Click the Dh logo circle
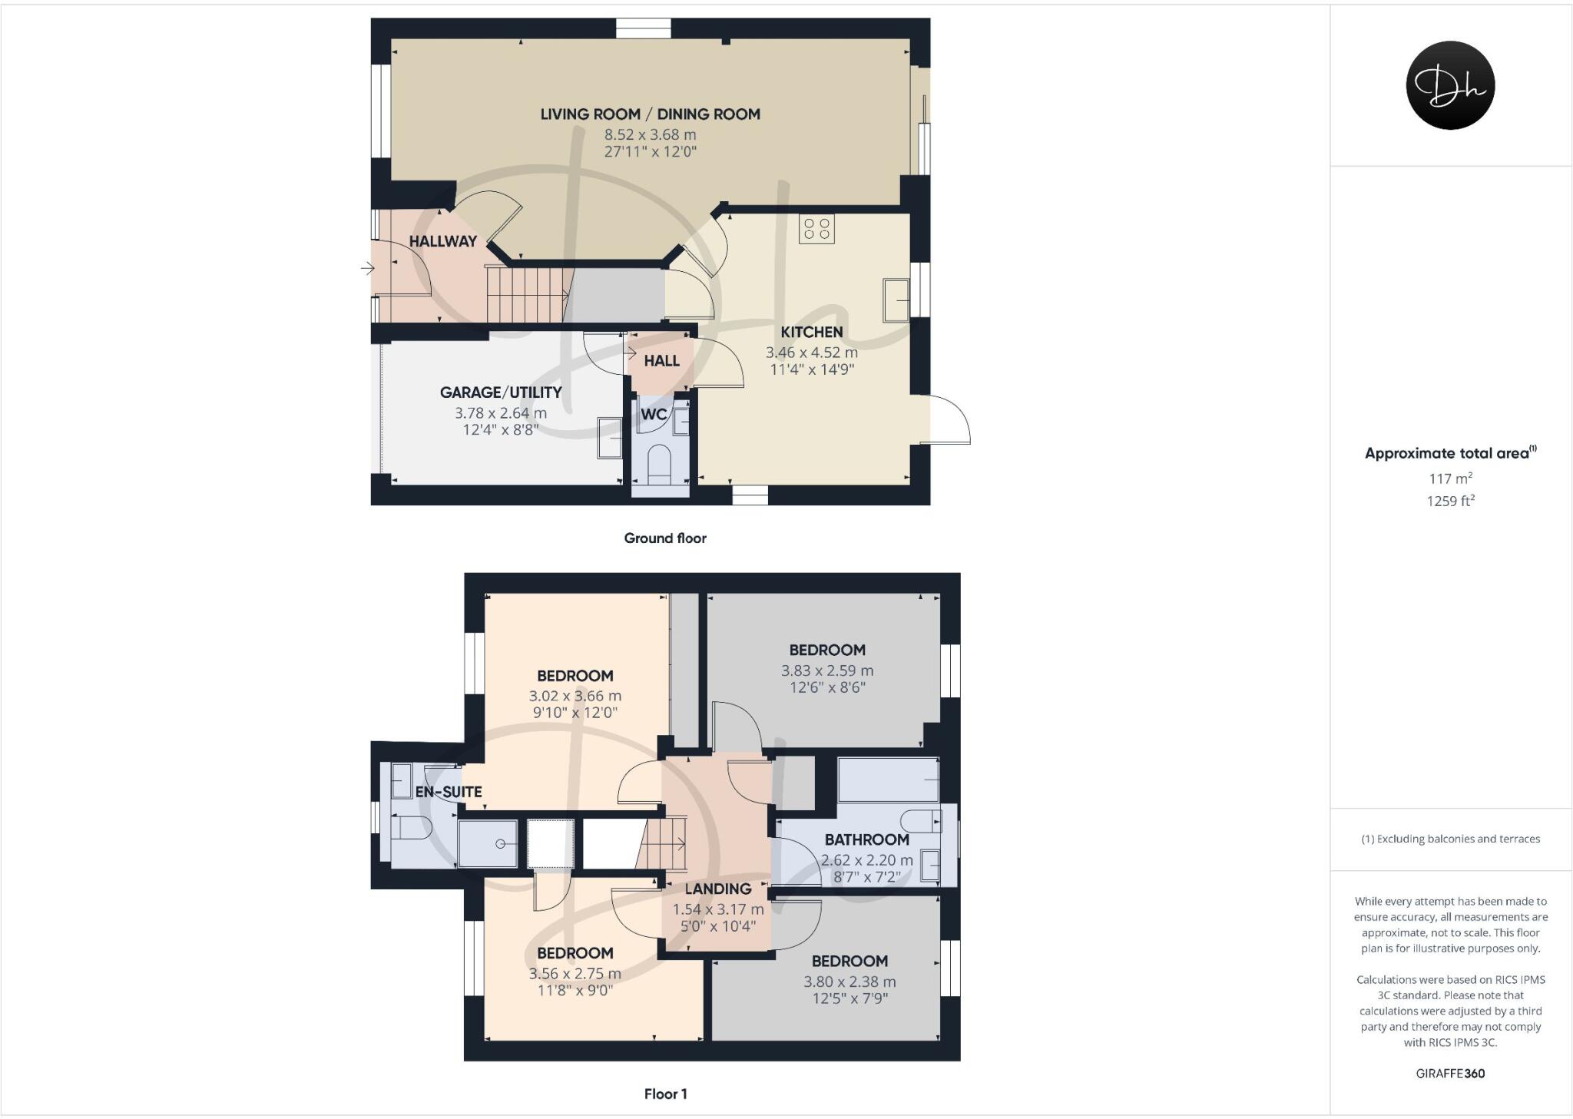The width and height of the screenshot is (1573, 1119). click(1450, 85)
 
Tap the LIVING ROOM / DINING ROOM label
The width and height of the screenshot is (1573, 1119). click(650, 114)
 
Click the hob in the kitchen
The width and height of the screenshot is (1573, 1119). click(816, 228)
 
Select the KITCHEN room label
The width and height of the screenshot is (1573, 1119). click(812, 333)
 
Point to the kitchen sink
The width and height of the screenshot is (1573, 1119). click(896, 299)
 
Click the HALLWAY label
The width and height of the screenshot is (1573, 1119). click(443, 241)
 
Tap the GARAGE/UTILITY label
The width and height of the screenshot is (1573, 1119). click(501, 392)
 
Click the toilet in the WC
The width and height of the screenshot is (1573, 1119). click(660, 464)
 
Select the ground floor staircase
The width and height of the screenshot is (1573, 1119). click(527, 294)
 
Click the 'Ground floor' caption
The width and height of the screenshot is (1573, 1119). click(665, 538)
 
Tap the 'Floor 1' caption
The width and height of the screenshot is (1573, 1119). click(665, 1094)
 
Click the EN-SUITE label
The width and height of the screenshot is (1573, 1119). click(449, 792)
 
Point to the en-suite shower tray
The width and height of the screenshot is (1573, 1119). click(488, 843)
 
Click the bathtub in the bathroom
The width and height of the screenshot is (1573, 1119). click(888, 780)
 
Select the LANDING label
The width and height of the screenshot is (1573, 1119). click(718, 889)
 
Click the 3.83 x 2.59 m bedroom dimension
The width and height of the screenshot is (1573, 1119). click(827, 670)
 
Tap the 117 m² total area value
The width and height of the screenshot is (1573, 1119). click(1450, 478)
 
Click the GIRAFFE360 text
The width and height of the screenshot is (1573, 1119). click(1450, 1074)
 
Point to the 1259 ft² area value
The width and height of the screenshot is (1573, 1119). click(1450, 502)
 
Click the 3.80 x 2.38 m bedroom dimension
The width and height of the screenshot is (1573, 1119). click(849, 982)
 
